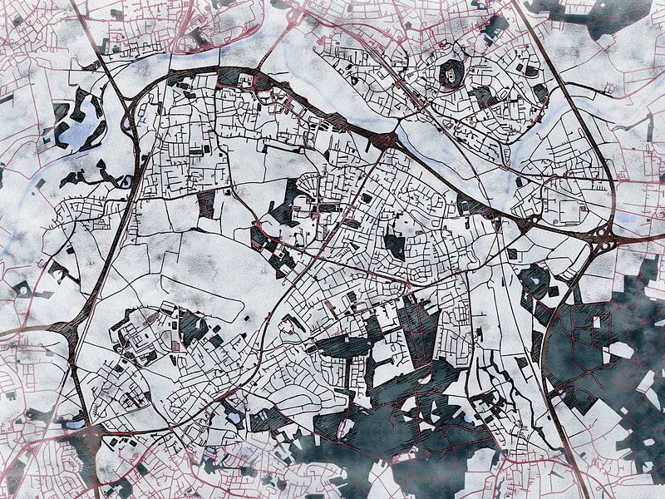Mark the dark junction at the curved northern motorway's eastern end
coord(384,139)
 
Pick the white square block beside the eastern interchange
coord(570,211)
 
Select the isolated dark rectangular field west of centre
coord(206,204)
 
